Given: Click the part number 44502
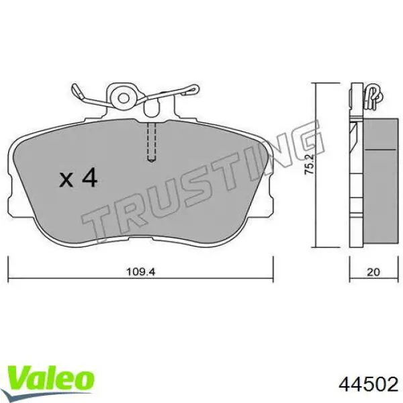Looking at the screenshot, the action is [369, 385].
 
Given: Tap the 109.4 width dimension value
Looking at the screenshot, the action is [141, 271].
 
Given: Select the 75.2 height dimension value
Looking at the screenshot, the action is [310, 165].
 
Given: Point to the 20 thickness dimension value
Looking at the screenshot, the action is [373, 272].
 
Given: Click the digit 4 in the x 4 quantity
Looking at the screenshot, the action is [89, 177].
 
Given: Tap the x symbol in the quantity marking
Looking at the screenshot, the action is [66, 179].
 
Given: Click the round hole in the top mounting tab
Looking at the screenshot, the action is [124, 98].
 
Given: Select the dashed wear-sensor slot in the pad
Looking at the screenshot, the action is [152, 142].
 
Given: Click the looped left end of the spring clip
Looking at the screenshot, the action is [77, 91].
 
